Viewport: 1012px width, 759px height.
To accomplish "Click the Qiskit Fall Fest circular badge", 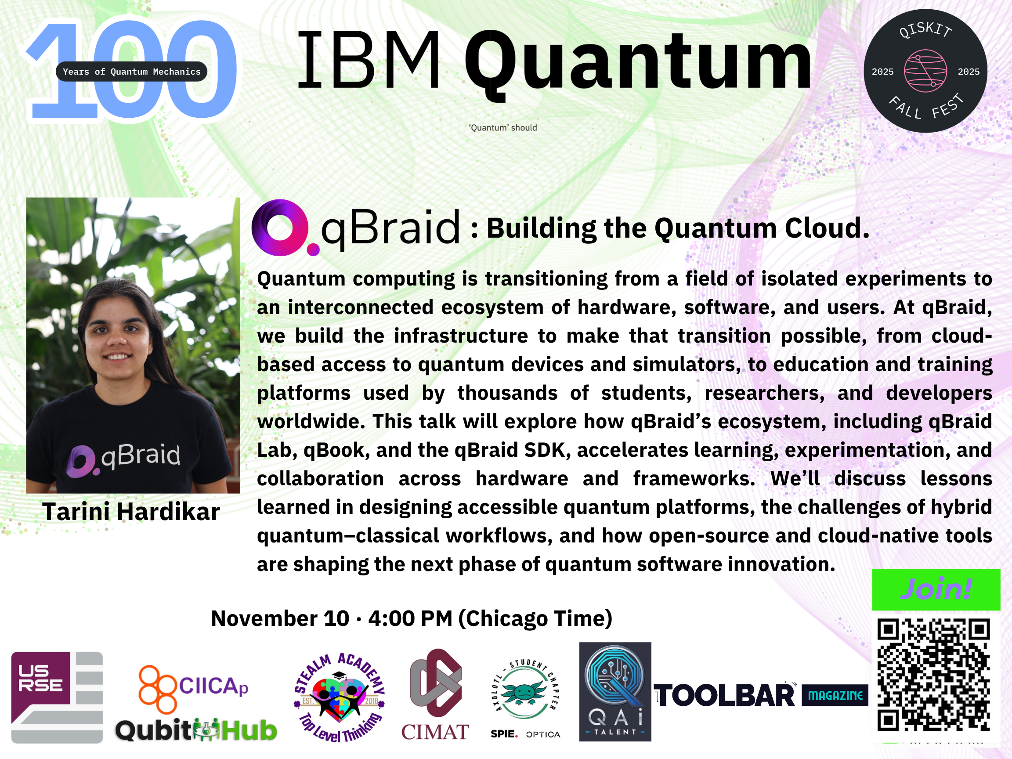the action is click(925, 71).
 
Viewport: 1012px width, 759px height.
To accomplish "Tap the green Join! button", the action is click(936, 589).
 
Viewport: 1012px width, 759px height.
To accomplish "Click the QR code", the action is click(933, 675).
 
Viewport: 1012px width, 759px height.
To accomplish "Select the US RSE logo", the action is click(57, 697).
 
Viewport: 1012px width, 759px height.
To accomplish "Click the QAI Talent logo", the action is click(615, 692).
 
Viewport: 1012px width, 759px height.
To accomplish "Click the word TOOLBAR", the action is click(725, 696).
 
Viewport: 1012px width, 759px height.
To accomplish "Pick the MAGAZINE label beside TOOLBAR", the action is click(835, 695).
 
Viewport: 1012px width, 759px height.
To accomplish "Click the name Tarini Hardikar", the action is click(131, 511).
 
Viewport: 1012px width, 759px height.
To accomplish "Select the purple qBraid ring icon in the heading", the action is click(280, 228).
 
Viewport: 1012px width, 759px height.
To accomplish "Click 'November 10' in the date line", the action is click(280, 618).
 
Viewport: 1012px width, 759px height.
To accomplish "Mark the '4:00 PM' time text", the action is click(410, 618).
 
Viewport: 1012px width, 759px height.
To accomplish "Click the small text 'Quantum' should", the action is click(503, 128).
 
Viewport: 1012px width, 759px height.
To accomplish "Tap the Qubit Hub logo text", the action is click(196, 730).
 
